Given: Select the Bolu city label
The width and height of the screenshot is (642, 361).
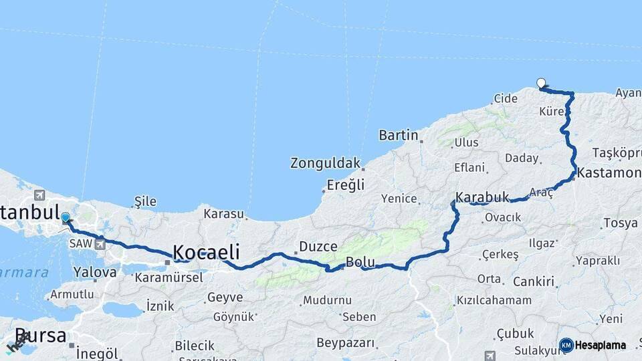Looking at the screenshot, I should click(360, 261).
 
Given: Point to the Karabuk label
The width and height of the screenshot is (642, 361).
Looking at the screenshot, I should click(482, 198).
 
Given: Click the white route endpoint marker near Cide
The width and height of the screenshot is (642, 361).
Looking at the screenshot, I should click(541, 84).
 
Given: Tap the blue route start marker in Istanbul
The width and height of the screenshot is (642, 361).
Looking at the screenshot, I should click(66, 217).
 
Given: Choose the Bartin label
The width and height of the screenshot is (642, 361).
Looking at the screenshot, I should click(399, 136).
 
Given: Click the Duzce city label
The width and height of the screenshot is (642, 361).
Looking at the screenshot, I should click(318, 247).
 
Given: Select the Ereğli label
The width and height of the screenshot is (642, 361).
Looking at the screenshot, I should click(346, 185).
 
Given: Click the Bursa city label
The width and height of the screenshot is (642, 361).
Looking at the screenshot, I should click(40, 336).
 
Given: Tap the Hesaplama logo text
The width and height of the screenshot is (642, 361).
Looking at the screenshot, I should click(599, 345).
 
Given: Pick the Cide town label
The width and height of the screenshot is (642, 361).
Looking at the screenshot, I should click(506, 98).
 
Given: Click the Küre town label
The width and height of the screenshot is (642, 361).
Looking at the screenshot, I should click(552, 112).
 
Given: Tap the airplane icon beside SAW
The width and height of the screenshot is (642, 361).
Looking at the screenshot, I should click(100, 243).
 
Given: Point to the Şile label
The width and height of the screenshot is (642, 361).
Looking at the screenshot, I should click(145, 201).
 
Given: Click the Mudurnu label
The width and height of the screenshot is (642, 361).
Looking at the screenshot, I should click(327, 300).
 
